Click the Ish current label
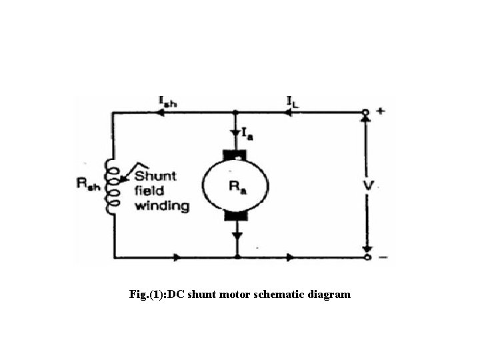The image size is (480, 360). tap(167, 101)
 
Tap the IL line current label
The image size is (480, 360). tap(293, 101)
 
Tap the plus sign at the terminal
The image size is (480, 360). tap(380, 111)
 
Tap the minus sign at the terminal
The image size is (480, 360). tap(381, 257)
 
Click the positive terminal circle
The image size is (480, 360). tap(365, 113)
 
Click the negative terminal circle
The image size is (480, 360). tap(365, 257)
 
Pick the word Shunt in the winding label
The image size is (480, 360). tap(155, 176)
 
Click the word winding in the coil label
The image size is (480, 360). tap(162, 205)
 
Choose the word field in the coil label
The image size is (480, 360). tap(149, 191)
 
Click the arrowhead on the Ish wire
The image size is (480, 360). tap(161, 113)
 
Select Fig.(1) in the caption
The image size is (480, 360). tap(147, 294)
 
